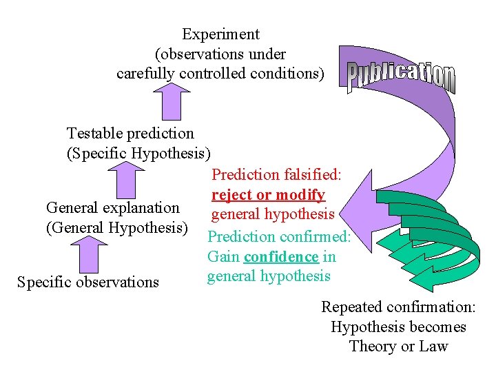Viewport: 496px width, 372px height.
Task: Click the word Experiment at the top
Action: [220, 34]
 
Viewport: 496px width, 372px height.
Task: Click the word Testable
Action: [96, 133]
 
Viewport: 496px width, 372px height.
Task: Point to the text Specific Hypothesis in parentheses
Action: [138, 153]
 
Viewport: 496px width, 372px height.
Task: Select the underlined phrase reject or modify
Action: [268, 195]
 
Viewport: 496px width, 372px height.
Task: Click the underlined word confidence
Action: [281, 257]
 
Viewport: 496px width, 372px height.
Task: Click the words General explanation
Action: [112, 207]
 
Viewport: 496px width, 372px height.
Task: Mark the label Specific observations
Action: [88, 282]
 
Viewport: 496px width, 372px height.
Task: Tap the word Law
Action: [433, 347]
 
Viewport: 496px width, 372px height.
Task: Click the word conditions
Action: [286, 72]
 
